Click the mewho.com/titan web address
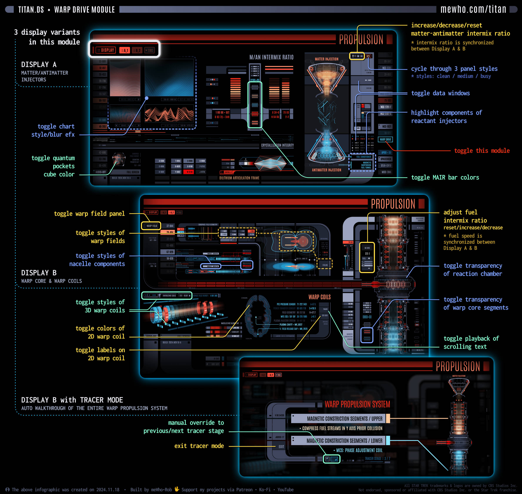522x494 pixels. point(473,10)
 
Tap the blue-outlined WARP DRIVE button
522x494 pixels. point(385,140)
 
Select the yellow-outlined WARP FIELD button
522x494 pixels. point(151,226)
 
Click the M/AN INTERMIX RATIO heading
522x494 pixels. point(271,57)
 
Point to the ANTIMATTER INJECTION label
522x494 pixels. point(326,170)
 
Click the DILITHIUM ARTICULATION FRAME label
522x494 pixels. point(239,178)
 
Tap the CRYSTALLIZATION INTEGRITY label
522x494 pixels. point(277,145)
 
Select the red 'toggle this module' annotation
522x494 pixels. point(482,151)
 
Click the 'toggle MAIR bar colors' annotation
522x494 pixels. point(445,177)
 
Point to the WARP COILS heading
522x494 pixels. point(320,297)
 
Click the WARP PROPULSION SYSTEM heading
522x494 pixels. point(357,404)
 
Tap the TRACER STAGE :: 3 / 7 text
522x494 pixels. point(377,458)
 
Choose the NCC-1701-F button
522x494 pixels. point(386,107)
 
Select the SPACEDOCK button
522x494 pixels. point(386,159)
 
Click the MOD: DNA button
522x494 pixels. point(386,172)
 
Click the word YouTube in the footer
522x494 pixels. point(285,489)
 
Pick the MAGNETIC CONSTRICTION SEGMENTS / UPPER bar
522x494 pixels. point(340,418)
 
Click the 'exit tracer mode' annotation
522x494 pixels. point(199,446)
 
